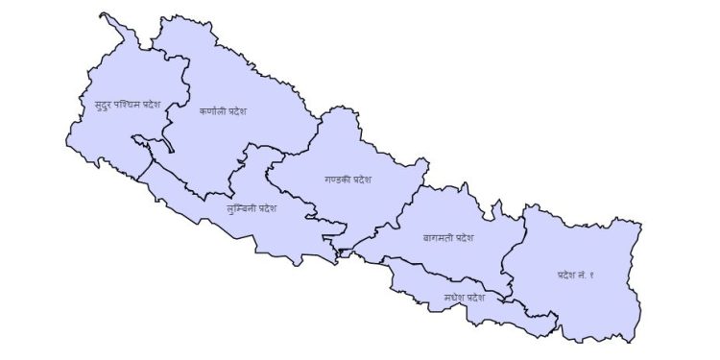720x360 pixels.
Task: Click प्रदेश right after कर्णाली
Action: click(236, 111)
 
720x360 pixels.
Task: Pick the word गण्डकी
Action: click(336, 179)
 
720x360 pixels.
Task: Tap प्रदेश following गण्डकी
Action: click(361, 179)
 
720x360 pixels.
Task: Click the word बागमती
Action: click(437, 236)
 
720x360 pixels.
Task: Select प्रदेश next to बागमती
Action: click(464, 236)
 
